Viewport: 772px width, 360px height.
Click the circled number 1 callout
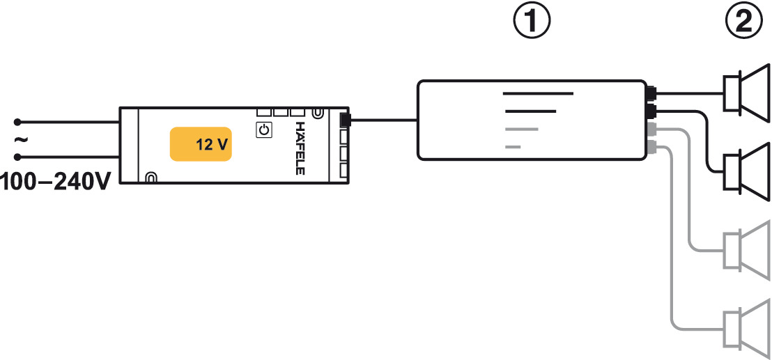[532, 22]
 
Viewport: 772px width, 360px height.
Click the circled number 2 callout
[745, 22]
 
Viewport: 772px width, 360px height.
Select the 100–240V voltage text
[55, 183]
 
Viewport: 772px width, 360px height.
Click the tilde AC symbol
[20, 139]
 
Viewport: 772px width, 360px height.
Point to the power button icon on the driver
[264, 130]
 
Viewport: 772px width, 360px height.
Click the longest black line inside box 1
[538, 93]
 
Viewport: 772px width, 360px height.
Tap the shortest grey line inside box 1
[514, 146]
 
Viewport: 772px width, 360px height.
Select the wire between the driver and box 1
[383, 120]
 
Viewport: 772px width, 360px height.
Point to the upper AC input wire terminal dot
[19, 121]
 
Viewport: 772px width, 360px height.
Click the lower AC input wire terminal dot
[19, 157]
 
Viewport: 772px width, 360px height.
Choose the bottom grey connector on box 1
[651, 146]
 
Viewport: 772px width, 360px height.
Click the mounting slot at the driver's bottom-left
[151, 178]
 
